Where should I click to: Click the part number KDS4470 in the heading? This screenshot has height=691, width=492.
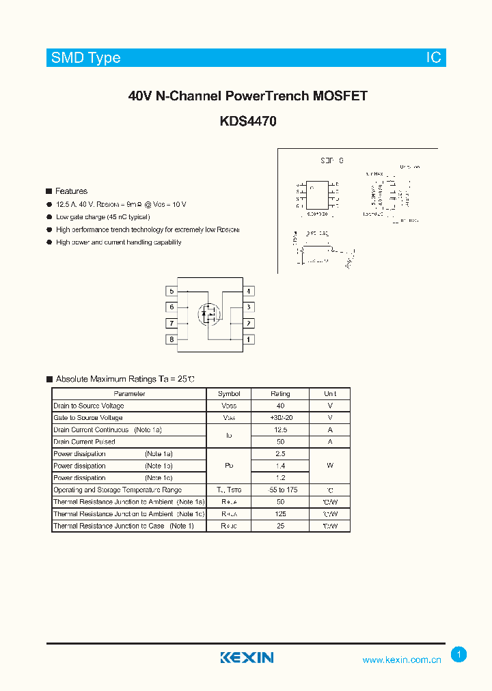click(x=248, y=122)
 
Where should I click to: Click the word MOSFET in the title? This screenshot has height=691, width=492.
click(x=340, y=96)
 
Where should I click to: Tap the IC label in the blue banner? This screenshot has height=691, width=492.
click(x=434, y=58)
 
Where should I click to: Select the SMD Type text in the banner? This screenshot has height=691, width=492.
click(x=86, y=58)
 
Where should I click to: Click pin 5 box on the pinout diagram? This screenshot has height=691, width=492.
click(x=172, y=292)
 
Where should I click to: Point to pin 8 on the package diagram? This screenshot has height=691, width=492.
click(x=172, y=339)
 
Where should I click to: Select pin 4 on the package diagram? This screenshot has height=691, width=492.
click(x=249, y=292)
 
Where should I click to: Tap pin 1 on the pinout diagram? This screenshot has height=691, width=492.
click(x=249, y=339)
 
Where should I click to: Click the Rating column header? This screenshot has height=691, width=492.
click(x=280, y=394)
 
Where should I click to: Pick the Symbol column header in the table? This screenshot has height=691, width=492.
click(x=229, y=394)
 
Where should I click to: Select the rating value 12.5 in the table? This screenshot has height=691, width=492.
click(x=280, y=430)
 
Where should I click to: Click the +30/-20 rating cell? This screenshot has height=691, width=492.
click(x=280, y=418)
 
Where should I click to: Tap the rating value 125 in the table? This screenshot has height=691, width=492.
click(x=280, y=513)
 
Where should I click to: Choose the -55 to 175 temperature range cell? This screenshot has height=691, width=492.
click(x=280, y=490)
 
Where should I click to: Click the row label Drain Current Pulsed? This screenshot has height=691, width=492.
click(x=84, y=442)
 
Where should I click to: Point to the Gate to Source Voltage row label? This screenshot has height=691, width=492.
click(x=88, y=418)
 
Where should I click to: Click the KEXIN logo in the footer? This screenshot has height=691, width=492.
click(x=247, y=658)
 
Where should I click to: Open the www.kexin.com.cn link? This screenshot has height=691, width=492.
click(x=402, y=660)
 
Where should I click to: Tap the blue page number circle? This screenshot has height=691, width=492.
click(x=459, y=655)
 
